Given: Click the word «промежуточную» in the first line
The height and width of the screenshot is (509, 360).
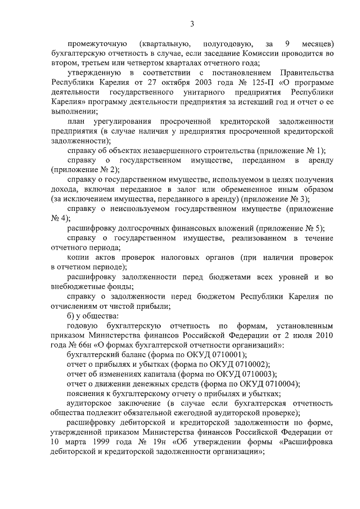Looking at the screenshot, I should (94, 44).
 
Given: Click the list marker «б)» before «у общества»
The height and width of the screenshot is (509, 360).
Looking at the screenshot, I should (71, 316).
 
